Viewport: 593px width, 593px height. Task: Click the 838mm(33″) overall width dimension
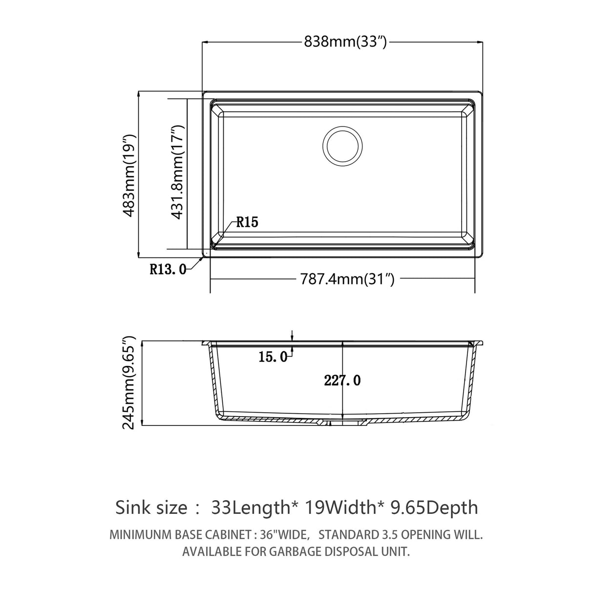point(345,42)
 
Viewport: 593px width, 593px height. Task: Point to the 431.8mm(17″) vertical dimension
point(178,172)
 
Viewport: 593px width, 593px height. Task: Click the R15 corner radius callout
point(247,223)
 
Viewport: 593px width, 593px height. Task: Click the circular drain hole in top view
point(343,145)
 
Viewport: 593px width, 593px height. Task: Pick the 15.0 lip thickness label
point(273,357)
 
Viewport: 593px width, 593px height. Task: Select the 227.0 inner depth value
point(342,380)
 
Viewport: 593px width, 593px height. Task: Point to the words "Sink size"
point(151,508)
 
